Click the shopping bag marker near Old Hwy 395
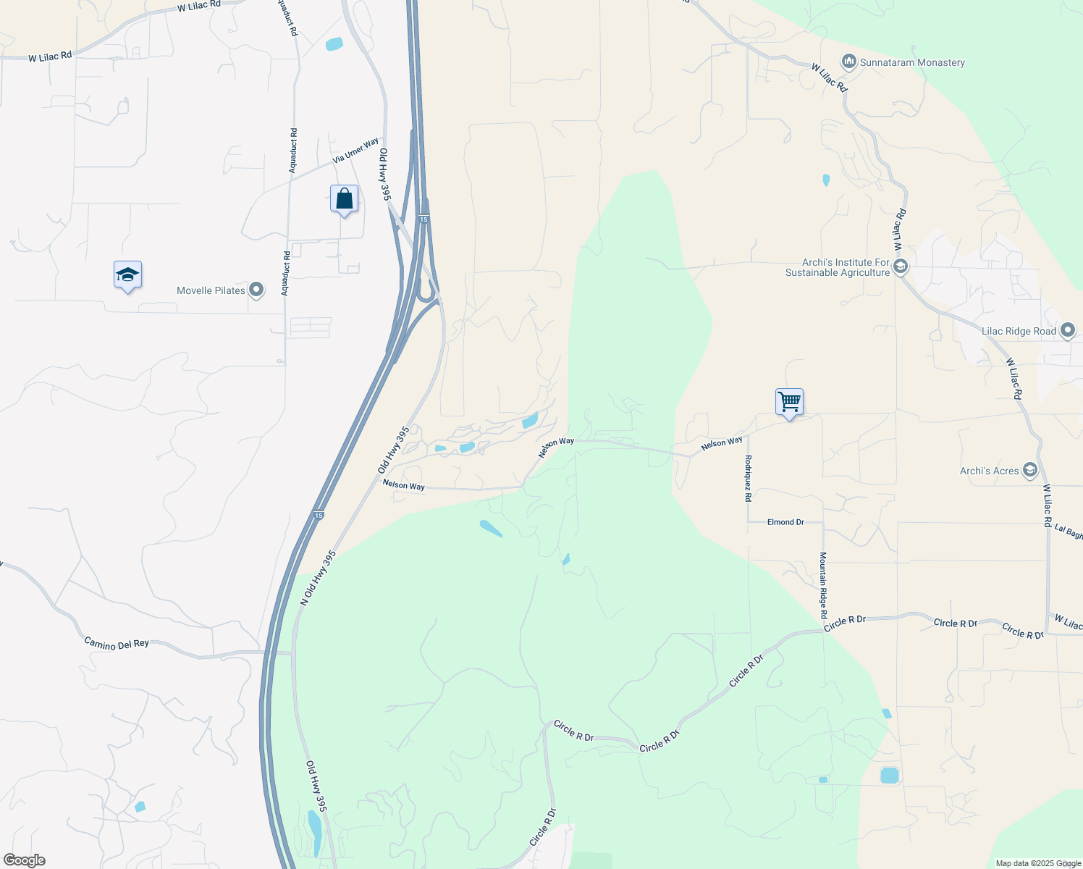click(344, 198)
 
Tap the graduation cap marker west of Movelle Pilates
click(127, 275)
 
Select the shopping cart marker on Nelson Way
click(789, 402)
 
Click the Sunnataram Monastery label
click(912, 63)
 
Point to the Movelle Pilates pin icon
click(256, 290)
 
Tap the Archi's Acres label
click(989, 471)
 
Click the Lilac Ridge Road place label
click(1019, 331)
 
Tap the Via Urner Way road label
click(355, 150)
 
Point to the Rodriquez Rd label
click(748, 478)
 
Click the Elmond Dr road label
click(785, 522)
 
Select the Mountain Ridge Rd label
click(823, 585)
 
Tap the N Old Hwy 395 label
click(319, 578)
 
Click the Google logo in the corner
click(25, 860)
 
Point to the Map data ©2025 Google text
click(1037, 863)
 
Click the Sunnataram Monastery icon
click(849, 62)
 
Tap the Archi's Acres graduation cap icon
click(1029, 471)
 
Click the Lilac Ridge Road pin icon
click(1067, 331)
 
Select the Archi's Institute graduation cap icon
click(901, 267)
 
